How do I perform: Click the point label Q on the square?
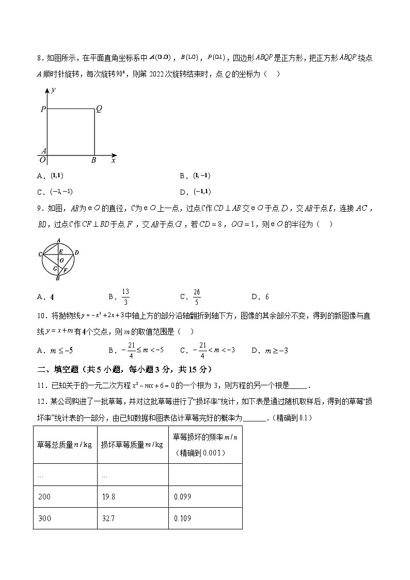(99, 109)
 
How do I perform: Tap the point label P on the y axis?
(43, 109)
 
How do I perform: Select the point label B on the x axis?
(93, 161)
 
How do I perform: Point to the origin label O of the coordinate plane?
(43, 160)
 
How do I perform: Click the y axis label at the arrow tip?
(53, 90)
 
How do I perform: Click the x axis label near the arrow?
(113, 161)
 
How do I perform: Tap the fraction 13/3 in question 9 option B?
(126, 296)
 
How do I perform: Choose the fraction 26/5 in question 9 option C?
(196, 296)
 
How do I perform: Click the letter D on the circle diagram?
(76, 252)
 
